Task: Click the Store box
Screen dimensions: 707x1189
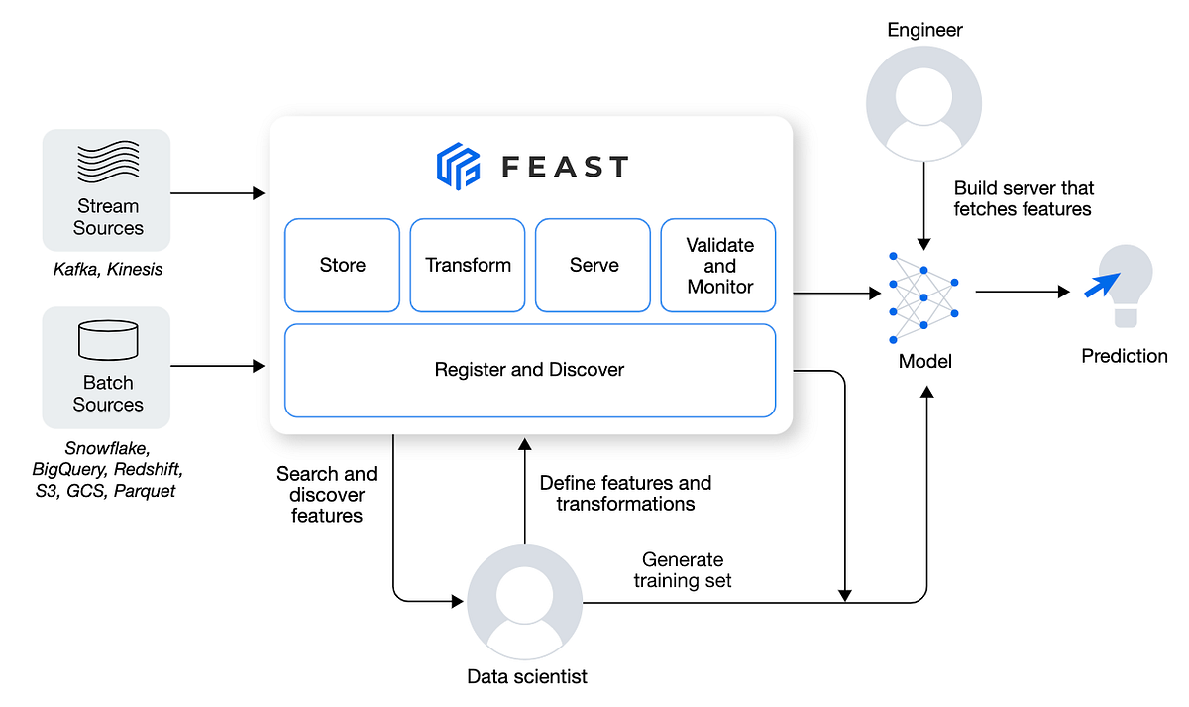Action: pyautogui.click(x=342, y=265)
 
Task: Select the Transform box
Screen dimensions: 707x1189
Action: pyautogui.click(x=468, y=265)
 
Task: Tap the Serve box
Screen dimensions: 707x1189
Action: pyautogui.click(x=594, y=265)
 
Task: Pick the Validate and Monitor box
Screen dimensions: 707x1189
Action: pyautogui.click(x=719, y=265)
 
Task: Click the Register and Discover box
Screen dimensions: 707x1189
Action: pyautogui.click(x=529, y=370)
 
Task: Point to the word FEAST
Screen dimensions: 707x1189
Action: pyautogui.click(x=565, y=167)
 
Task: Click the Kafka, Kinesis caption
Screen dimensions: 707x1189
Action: pyautogui.click(x=107, y=269)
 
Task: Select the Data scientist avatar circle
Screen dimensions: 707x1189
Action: pyautogui.click(x=525, y=601)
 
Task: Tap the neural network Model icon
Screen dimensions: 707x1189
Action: pyautogui.click(x=923, y=293)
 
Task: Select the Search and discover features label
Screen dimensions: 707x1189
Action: pyautogui.click(x=327, y=494)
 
